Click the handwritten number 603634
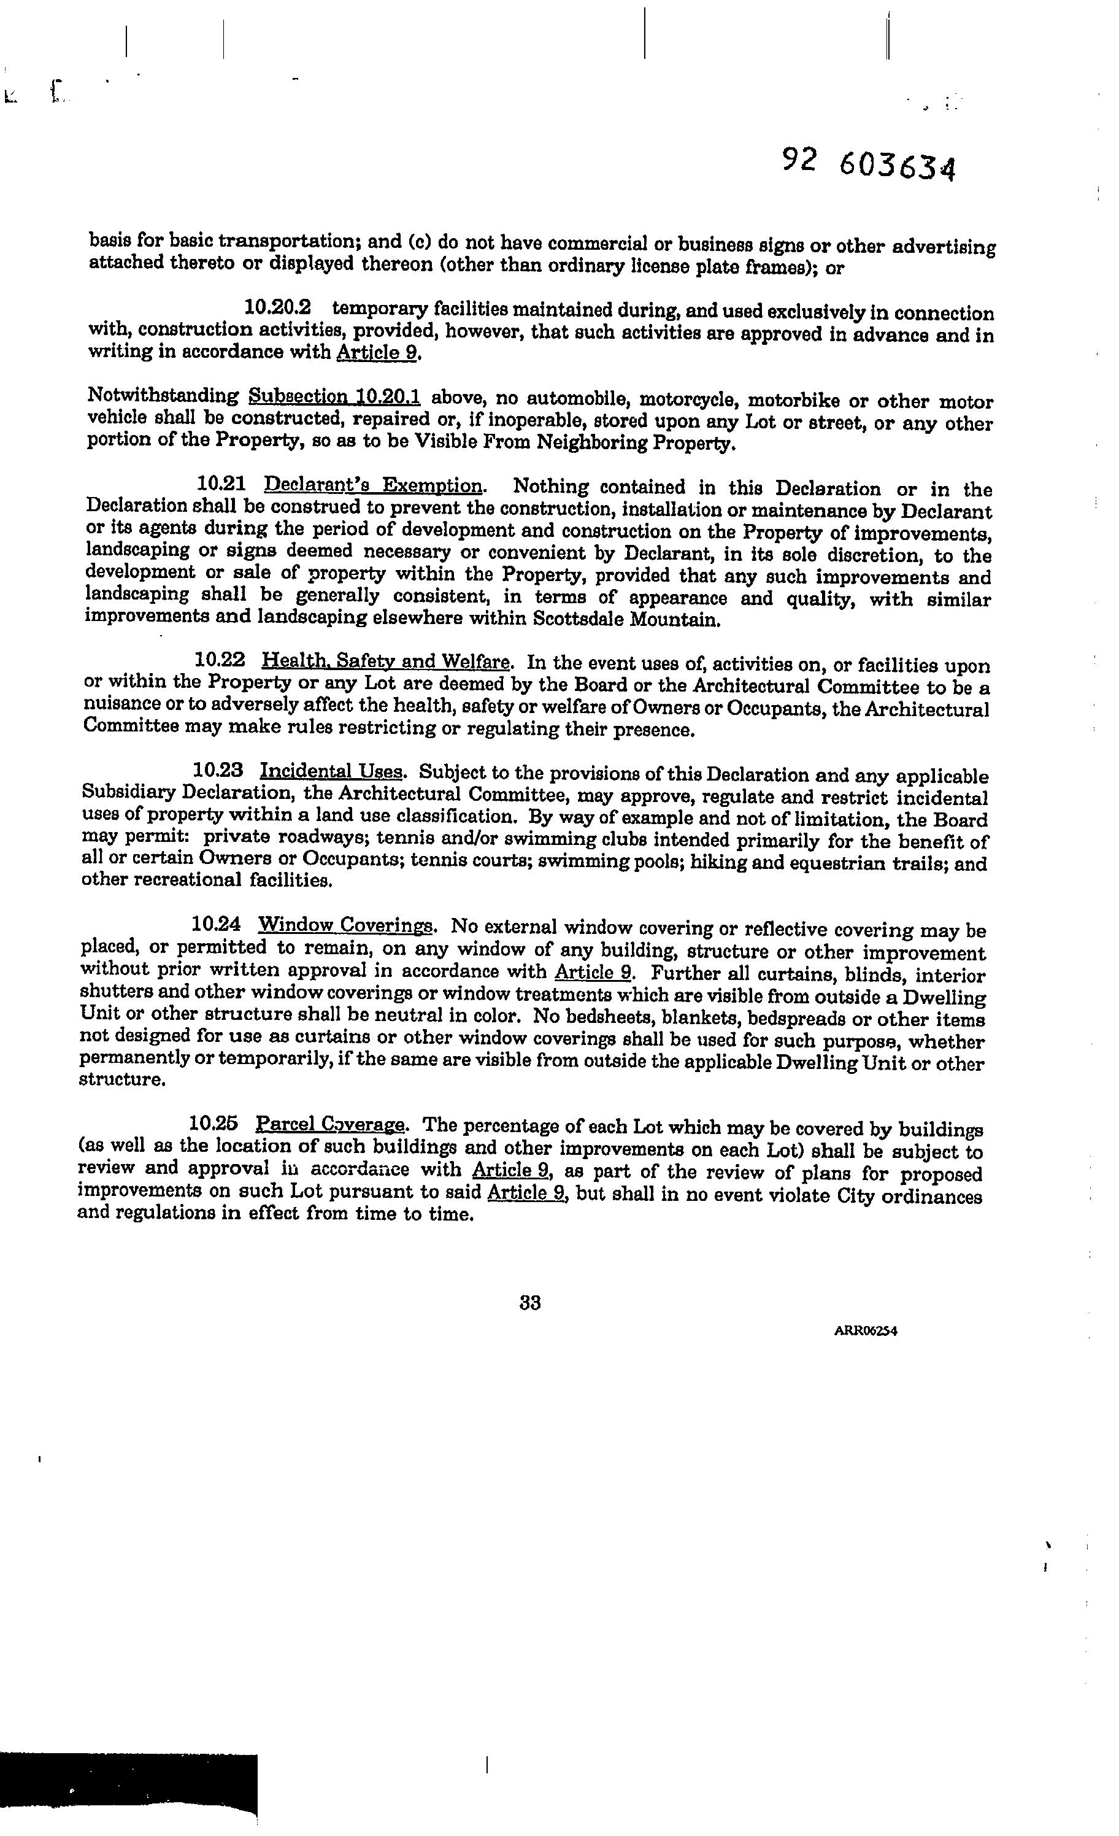coord(896,166)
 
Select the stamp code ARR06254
coord(865,1332)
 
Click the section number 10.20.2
coord(278,307)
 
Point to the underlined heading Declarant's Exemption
coord(374,486)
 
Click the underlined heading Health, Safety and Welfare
coord(386,661)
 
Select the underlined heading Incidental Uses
coord(331,771)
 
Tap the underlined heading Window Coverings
coord(345,925)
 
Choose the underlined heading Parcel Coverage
coord(331,1124)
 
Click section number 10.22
coord(219,660)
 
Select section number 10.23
coord(218,769)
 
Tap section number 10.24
coord(216,924)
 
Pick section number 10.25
coord(214,1122)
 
